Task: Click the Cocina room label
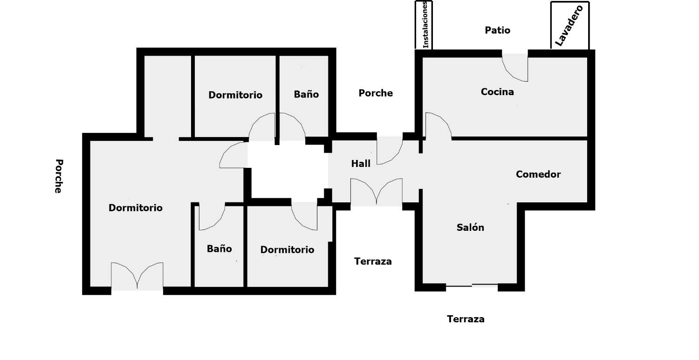tap(497, 92)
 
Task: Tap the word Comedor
tap(538, 174)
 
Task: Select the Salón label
tap(470, 228)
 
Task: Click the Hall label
tap(361, 164)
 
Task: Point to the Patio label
tap(497, 30)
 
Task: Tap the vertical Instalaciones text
tap(425, 24)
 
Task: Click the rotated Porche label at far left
tap(58, 176)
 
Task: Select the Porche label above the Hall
tap(376, 93)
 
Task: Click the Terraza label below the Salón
tap(466, 319)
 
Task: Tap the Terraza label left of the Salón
tap(373, 261)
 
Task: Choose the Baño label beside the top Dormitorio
tap(306, 94)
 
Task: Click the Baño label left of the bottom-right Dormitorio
tap(219, 249)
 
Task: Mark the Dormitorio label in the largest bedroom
tap(136, 208)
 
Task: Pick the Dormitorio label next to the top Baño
tap(235, 95)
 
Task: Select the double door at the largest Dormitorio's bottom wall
tap(137, 277)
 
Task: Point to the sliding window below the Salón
tap(472, 285)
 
